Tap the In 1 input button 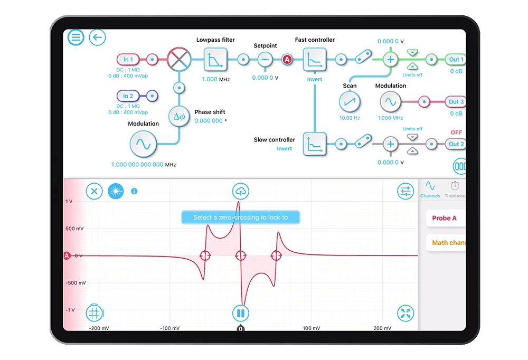(x=128, y=59)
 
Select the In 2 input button (x=128, y=96)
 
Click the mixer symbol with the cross (x=179, y=59)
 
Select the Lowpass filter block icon (x=215, y=60)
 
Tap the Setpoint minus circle (x=265, y=60)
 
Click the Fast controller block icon (x=315, y=60)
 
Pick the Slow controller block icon (x=315, y=144)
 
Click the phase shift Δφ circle (x=179, y=117)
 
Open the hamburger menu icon (x=76, y=37)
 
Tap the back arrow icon (x=97, y=37)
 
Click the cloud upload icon (x=240, y=191)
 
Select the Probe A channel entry (x=445, y=218)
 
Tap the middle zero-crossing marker (x=240, y=255)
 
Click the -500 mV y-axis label (x=76, y=283)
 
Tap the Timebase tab (x=455, y=188)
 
